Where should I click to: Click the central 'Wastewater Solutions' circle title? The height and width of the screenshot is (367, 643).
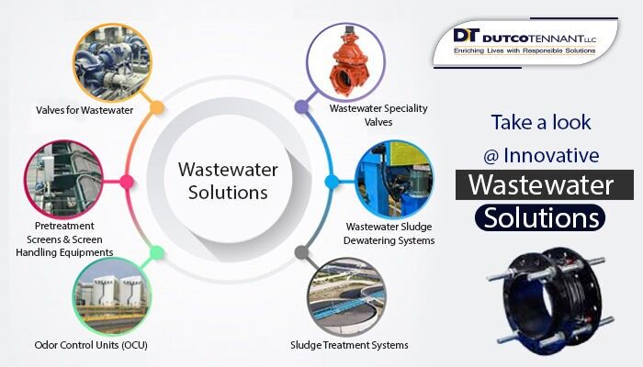click(x=222, y=181)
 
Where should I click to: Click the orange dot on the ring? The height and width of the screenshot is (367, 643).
click(x=157, y=107)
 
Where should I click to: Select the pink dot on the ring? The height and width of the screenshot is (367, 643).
click(x=127, y=181)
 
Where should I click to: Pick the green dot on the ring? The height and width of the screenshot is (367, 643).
click(x=157, y=251)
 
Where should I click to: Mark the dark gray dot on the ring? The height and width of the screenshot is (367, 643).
click(x=300, y=251)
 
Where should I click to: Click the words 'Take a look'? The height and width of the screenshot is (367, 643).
click(x=541, y=121)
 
